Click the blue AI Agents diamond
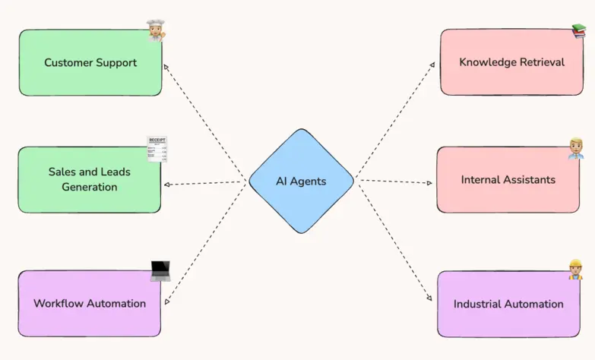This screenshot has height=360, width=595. tap(301, 181)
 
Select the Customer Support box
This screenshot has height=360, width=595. tap(90, 63)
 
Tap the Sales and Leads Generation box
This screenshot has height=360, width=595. tap(89, 179)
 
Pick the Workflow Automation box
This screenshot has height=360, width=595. tap(89, 303)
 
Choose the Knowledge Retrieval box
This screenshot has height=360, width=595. tap(511, 62)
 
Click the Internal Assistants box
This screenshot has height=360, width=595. tap(508, 180)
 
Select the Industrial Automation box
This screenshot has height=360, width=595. tap(508, 304)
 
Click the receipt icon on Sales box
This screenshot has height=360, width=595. tap(157, 149)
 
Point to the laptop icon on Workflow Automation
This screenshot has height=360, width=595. tap(160, 271)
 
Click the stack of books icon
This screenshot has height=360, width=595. tap(580, 31)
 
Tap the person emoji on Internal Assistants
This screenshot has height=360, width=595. tap(575, 149)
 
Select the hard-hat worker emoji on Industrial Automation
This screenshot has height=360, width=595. tap(575, 270)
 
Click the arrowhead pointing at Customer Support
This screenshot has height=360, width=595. tap(167, 67)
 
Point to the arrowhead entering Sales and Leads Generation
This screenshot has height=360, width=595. tap(167, 185)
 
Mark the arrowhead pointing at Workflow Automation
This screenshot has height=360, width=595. tap(167, 301)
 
